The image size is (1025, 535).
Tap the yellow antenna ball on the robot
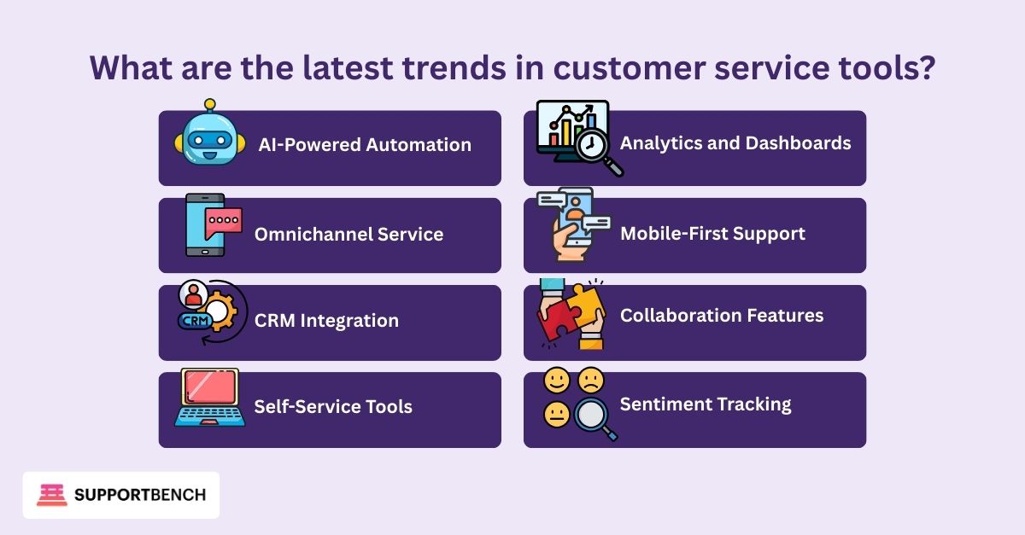[x=210, y=104]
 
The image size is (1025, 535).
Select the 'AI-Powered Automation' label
[x=365, y=145]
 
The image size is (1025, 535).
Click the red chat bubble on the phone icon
[x=223, y=222]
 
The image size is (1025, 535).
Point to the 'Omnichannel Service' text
[x=348, y=234]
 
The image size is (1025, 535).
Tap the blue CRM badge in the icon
[x=196, y=321]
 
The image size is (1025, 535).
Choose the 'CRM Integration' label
[x=326, y=321]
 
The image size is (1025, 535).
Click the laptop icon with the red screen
[x=210, y=398]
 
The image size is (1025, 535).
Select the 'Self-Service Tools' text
[x=333, y=406]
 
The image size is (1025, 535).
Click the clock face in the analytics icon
[x=591, y=145]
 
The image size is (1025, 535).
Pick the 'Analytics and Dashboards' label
[x=735, y=143]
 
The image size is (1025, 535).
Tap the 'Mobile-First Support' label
[x=712, y=234]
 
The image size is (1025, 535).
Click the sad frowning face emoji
[x=591, y=381]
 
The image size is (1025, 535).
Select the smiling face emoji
[x=557, y=381]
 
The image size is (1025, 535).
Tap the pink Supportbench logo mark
[x=52, y=495]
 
